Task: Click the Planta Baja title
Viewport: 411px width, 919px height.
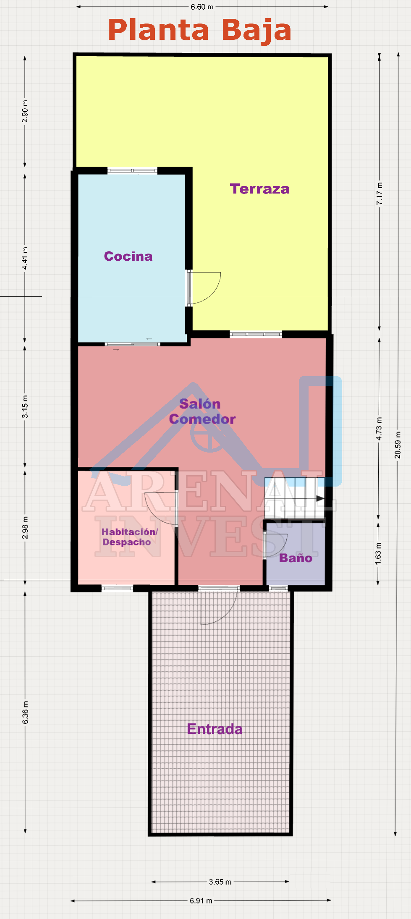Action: point(200,31)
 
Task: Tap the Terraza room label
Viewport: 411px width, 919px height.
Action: point(260,189)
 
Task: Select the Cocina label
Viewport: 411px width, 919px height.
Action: point(128,256)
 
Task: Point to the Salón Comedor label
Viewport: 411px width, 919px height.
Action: point(202,411)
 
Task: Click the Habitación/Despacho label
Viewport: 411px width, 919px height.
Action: point(129,537)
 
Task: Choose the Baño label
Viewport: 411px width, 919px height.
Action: point(296,558)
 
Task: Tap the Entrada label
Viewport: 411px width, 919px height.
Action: point(215,729)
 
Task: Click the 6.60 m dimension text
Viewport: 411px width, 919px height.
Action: point(202,7)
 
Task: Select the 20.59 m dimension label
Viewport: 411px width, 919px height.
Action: point(398,445)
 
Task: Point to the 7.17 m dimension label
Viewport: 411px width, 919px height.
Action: point(380,194)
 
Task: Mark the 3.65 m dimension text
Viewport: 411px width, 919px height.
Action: point(220,882)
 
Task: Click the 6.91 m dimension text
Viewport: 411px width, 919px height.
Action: point(201,901)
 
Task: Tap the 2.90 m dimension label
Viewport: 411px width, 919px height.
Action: point(25,112)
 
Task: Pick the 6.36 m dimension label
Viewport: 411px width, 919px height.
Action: point(25,712)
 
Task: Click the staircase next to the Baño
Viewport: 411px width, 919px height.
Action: point(295,498)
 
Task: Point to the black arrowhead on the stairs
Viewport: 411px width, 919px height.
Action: point(320,498)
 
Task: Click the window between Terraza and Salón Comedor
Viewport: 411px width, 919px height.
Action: point(256,334)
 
